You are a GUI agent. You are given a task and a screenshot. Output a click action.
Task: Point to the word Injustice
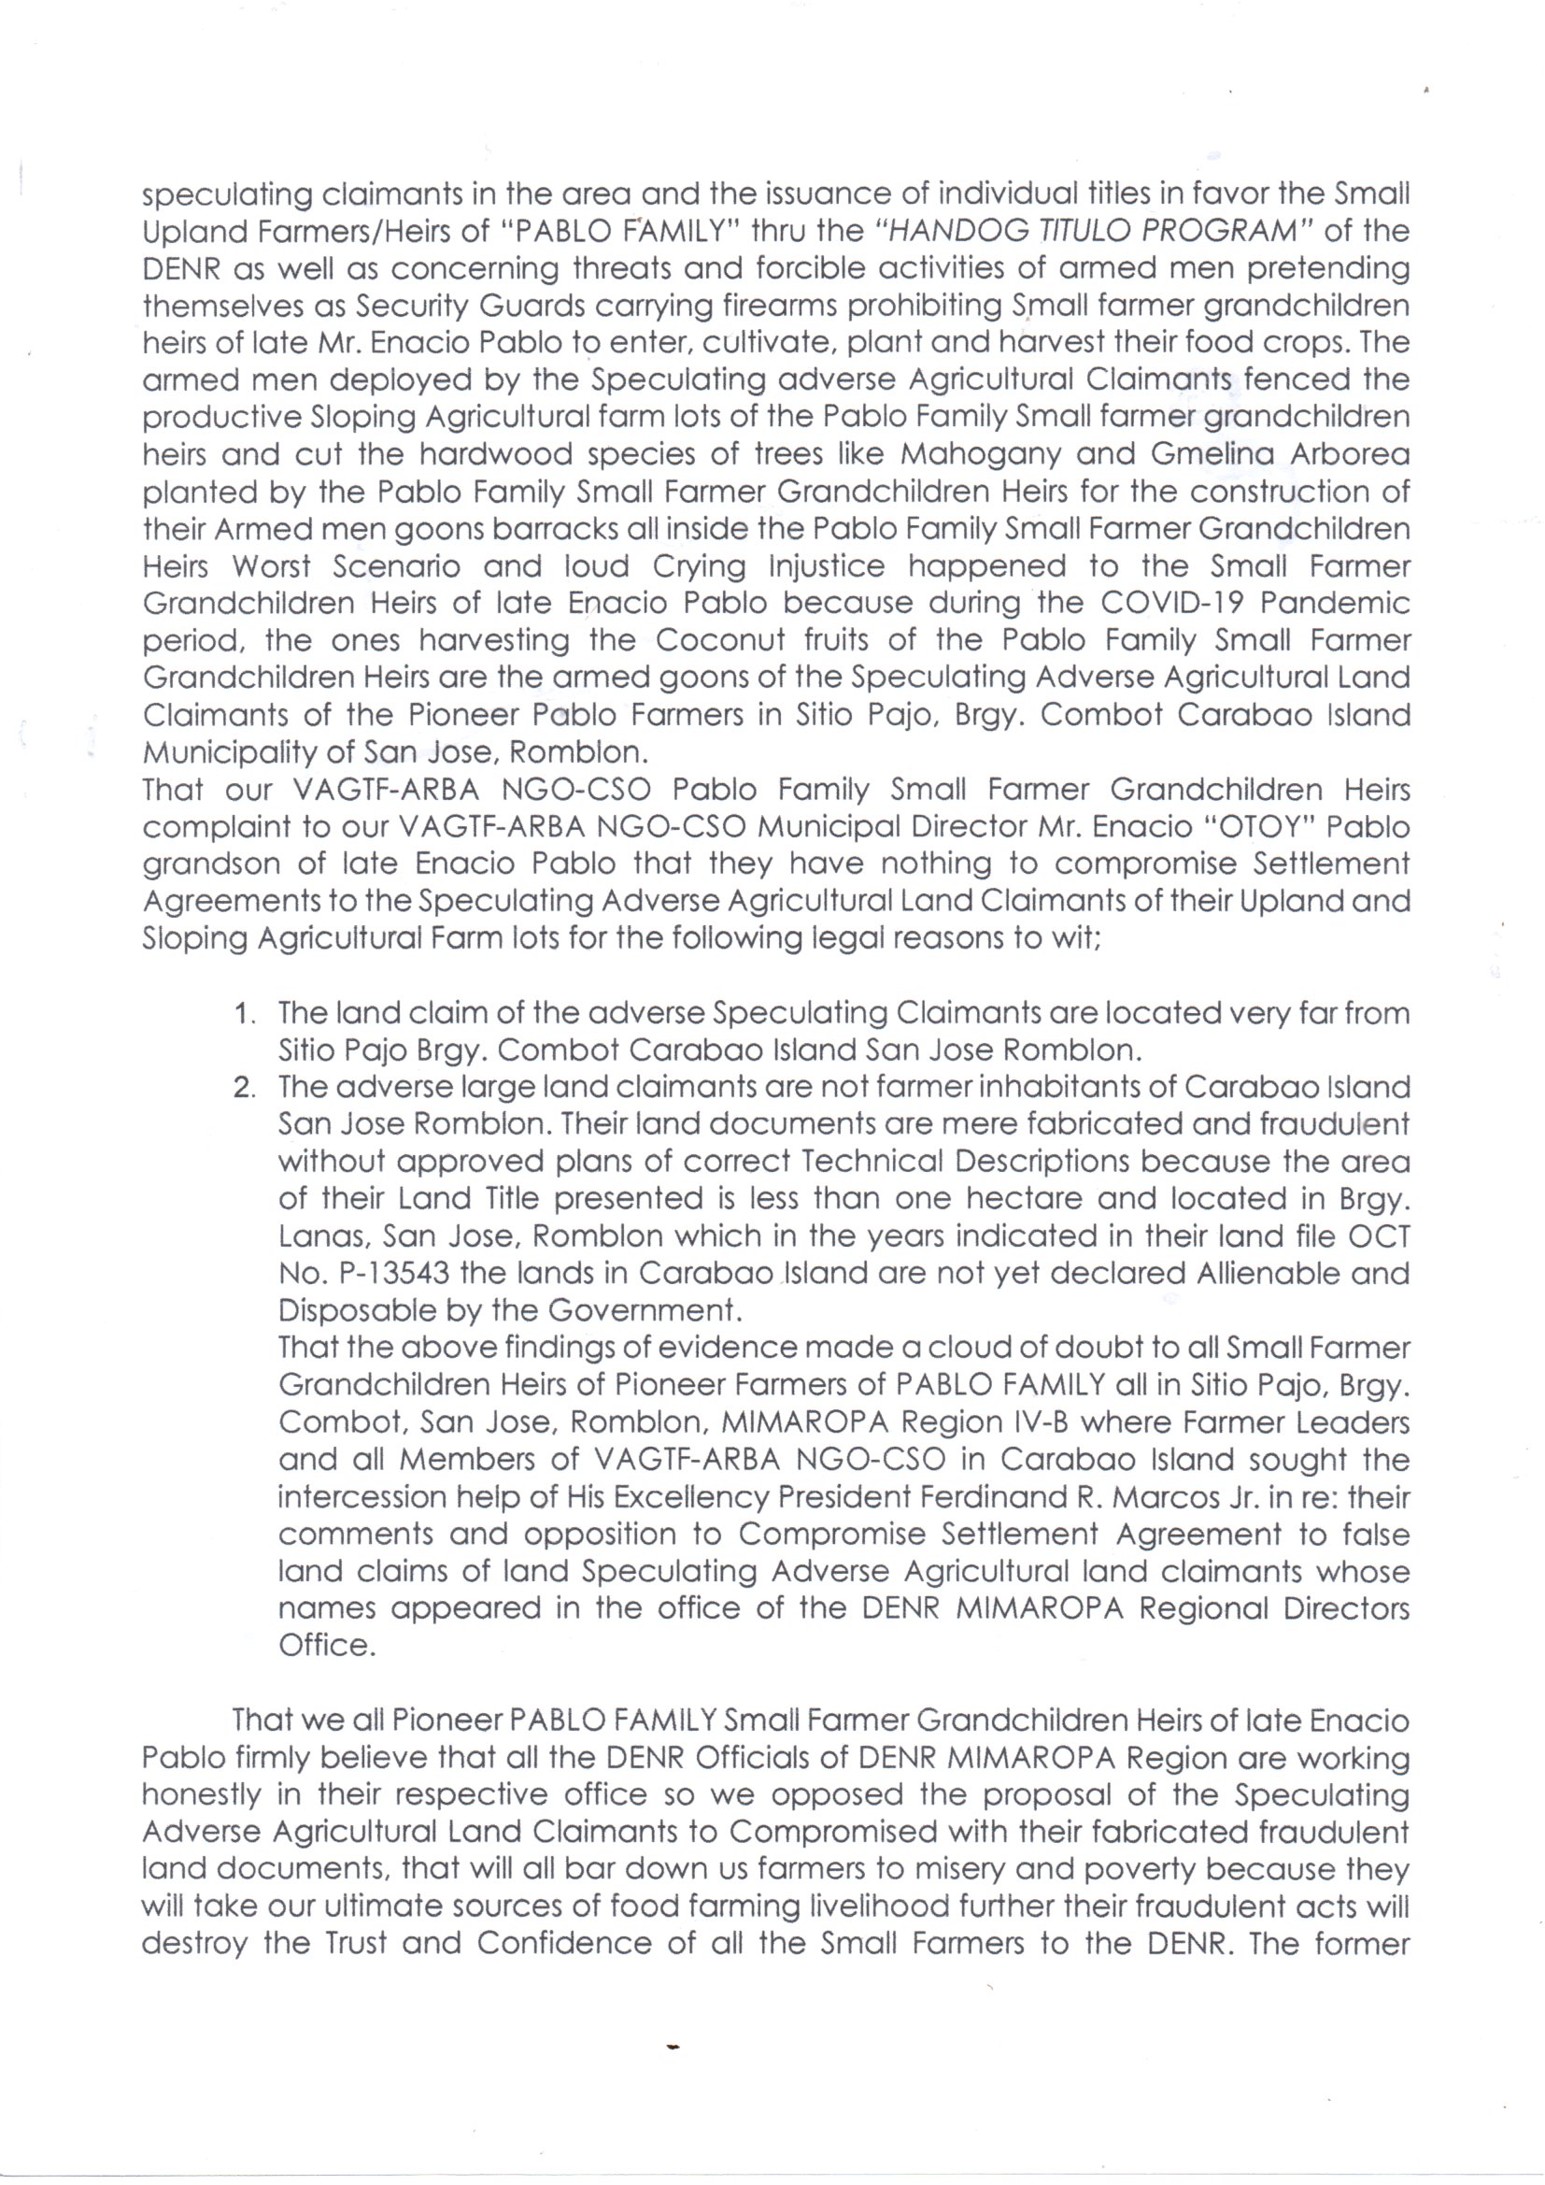[x=826, y=567]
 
